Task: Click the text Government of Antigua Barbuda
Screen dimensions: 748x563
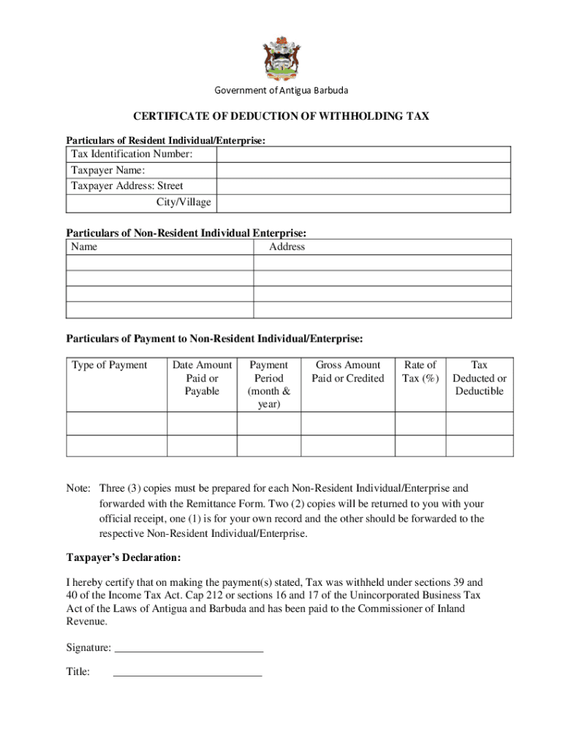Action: pyautogui.click(x=281, y=91)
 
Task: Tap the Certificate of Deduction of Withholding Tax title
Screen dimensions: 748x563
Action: pyautogui.click(x=281, y=116)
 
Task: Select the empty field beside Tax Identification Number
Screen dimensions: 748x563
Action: pyautogui.click(x=363, y=154)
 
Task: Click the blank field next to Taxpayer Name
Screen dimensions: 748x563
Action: pyautogui.click(x=363, y=170)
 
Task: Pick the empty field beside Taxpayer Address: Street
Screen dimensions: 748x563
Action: pyautogui.click(x=363, y=186)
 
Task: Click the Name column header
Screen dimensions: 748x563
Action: pyautogui.click(x=84, y=247)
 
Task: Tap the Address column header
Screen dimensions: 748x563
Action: pyautogui.click(x=287, y=247)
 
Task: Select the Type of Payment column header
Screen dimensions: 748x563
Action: pyautogui.click(x=109, y=365)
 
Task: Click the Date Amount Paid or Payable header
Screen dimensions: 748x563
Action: pyautogui.click(x=202, y=378)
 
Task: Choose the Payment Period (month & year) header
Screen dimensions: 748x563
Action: pyautogui.click(x=269, y=384)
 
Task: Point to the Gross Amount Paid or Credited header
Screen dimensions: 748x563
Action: pyautogui.click(x=347, y=371)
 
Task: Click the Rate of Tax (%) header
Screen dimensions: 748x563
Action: pyautogui.click(x=420, y=371)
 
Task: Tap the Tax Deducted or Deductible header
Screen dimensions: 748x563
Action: pyautogui.click(x=480, y=378)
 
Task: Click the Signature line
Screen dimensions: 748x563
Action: pyautogui.click(x=189, y=647)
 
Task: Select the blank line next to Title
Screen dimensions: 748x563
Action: pyautogui.click(x=188, y=672)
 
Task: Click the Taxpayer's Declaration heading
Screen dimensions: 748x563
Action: pyautogui.click(x=124, y=558)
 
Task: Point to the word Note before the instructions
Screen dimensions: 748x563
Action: pyautogui.click(x=78, y=488)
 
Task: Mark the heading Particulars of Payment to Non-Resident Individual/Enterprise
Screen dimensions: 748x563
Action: pyautogui.click(x=214, y=339)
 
